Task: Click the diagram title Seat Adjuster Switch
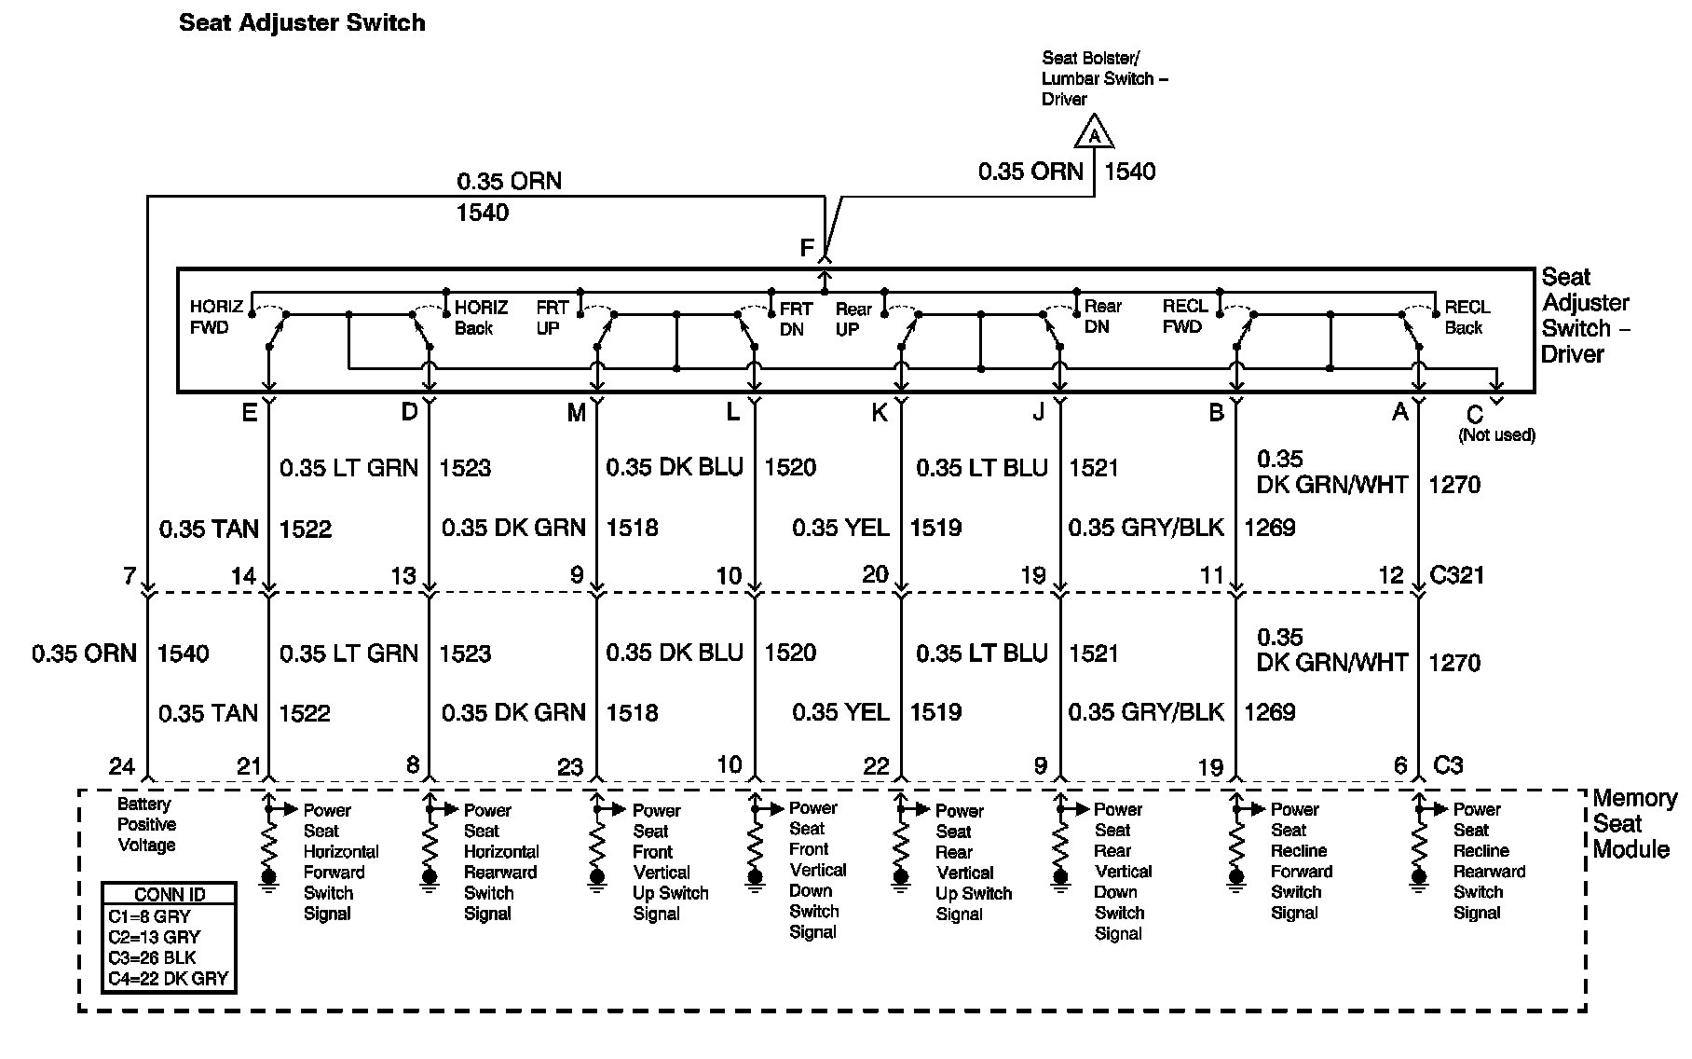(x=302, y=23)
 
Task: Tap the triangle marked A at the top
(x=1095, y=134)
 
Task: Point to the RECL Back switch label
(x=1467, y=317)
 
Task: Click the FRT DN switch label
(x=796, y=319)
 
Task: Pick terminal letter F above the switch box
(x=807, y=249)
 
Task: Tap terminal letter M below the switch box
(x=576, y=413)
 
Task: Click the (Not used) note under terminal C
(x=1496, y=434)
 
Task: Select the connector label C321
(x=1456, y=575)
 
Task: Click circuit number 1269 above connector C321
(x=1269, y=528)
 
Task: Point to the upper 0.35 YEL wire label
(x=840, y=528)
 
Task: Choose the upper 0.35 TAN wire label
(x=209, y=529)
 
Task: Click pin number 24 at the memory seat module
(x=122, y=766)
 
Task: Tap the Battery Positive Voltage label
(x=146, y=825)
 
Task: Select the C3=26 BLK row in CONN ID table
(x=154, y=958)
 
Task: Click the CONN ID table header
(x=170, y=894)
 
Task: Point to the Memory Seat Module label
(x=1632, y=824)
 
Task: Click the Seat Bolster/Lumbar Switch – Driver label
(x=1104, y=78)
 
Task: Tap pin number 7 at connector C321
(x=130, y=575)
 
